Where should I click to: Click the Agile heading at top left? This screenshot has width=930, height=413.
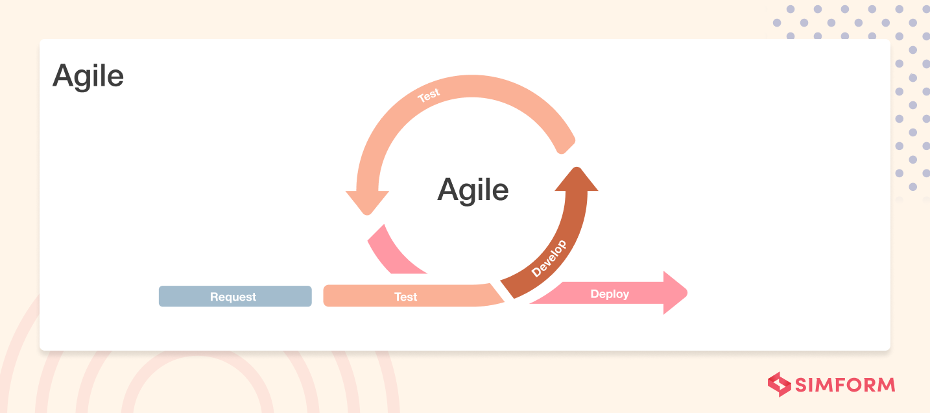[88, 76]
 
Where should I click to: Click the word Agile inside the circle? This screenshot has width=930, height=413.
[473, 190]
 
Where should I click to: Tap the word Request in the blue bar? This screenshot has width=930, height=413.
[233, 297]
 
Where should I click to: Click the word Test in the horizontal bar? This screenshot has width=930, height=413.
[406, 297]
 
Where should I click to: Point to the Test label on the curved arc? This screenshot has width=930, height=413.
[429, 95]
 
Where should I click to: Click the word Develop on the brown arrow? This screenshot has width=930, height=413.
[549, 258]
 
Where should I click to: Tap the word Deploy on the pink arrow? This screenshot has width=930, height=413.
[610, 294]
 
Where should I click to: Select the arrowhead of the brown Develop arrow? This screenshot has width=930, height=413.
[576, 181]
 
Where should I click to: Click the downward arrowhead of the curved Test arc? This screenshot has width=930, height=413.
[367, 202]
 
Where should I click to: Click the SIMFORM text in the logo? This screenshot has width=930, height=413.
[846, 384]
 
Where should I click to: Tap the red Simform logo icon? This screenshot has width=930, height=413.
[779, 384]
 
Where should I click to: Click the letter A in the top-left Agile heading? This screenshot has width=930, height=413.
[63, 76]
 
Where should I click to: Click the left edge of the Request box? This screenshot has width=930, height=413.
[161, 296]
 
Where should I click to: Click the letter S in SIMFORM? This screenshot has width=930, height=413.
[803, 384]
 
